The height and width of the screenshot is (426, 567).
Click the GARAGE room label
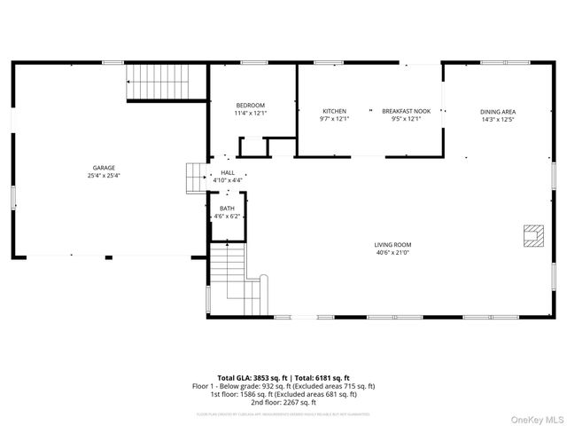(x=104, y=168)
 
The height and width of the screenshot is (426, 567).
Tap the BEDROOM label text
(x=250, y=106)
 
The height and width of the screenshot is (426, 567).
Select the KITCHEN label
(x=334, y=111)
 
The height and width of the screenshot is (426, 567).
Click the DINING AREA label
(x=497, y=112)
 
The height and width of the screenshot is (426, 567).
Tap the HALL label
(x=228, y=172)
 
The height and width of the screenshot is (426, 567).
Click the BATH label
(x=228, y=209)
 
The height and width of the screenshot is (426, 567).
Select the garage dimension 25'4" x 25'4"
(x=104, y=176)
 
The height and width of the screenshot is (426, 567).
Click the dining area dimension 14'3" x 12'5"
(x=497, y=119)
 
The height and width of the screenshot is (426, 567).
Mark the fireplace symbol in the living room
(x=532, y=235)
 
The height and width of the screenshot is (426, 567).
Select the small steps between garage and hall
(x=195, y=177)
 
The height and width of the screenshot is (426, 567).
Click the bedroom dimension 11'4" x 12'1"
(x=250, y=114)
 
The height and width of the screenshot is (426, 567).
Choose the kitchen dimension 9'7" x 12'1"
(x=334, y=119)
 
